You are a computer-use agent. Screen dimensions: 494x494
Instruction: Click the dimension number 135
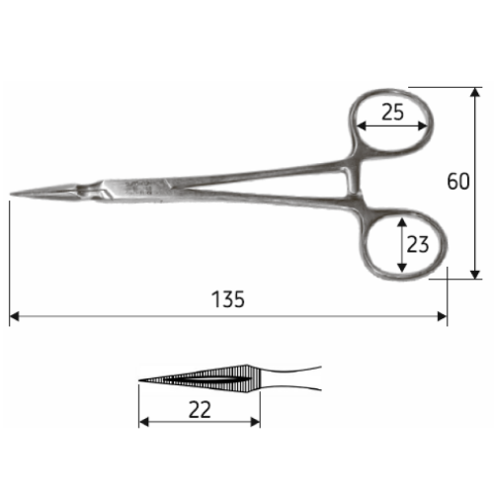coord(228,299)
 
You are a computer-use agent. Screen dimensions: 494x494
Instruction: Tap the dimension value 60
coord(458,181)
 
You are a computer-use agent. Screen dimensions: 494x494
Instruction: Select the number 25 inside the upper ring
coord(392,112)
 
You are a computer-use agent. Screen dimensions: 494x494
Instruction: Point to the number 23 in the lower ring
coord(418,244)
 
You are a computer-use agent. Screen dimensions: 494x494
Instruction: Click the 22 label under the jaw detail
coord(200,410)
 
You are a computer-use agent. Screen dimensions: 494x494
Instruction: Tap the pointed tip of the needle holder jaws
coord(11,195)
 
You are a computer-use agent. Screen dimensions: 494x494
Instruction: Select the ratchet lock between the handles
coord(351,180)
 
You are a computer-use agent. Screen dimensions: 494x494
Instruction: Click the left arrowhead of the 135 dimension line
coord(14,317)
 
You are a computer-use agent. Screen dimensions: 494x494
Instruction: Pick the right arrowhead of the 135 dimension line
coord(443,317)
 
